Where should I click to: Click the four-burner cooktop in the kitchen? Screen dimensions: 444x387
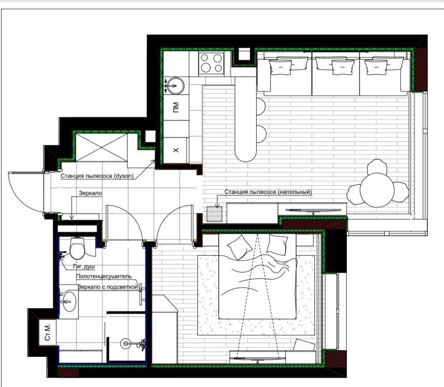[211, 63]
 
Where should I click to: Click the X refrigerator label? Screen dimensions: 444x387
[176, 150]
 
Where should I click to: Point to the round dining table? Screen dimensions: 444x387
[377, 190]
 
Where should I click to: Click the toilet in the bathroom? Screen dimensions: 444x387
[77, 248]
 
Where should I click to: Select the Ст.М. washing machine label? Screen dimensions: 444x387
[48, 332]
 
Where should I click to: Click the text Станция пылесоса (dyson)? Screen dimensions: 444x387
[97, 176]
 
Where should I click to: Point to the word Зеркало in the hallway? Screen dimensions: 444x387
[90, 193]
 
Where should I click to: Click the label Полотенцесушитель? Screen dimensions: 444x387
[104, 276]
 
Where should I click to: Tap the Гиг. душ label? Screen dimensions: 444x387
[84, 266]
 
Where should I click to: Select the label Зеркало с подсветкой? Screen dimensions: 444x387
[108, 287]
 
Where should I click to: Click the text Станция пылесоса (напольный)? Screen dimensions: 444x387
[268, 192]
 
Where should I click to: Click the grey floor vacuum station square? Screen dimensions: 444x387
[214, 214]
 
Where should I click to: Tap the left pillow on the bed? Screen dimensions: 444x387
[240, 247]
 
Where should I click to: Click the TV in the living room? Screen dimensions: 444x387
[313, 210]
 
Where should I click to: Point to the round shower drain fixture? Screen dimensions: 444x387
[125, 343]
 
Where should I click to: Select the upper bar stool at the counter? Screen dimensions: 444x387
[261, 106]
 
